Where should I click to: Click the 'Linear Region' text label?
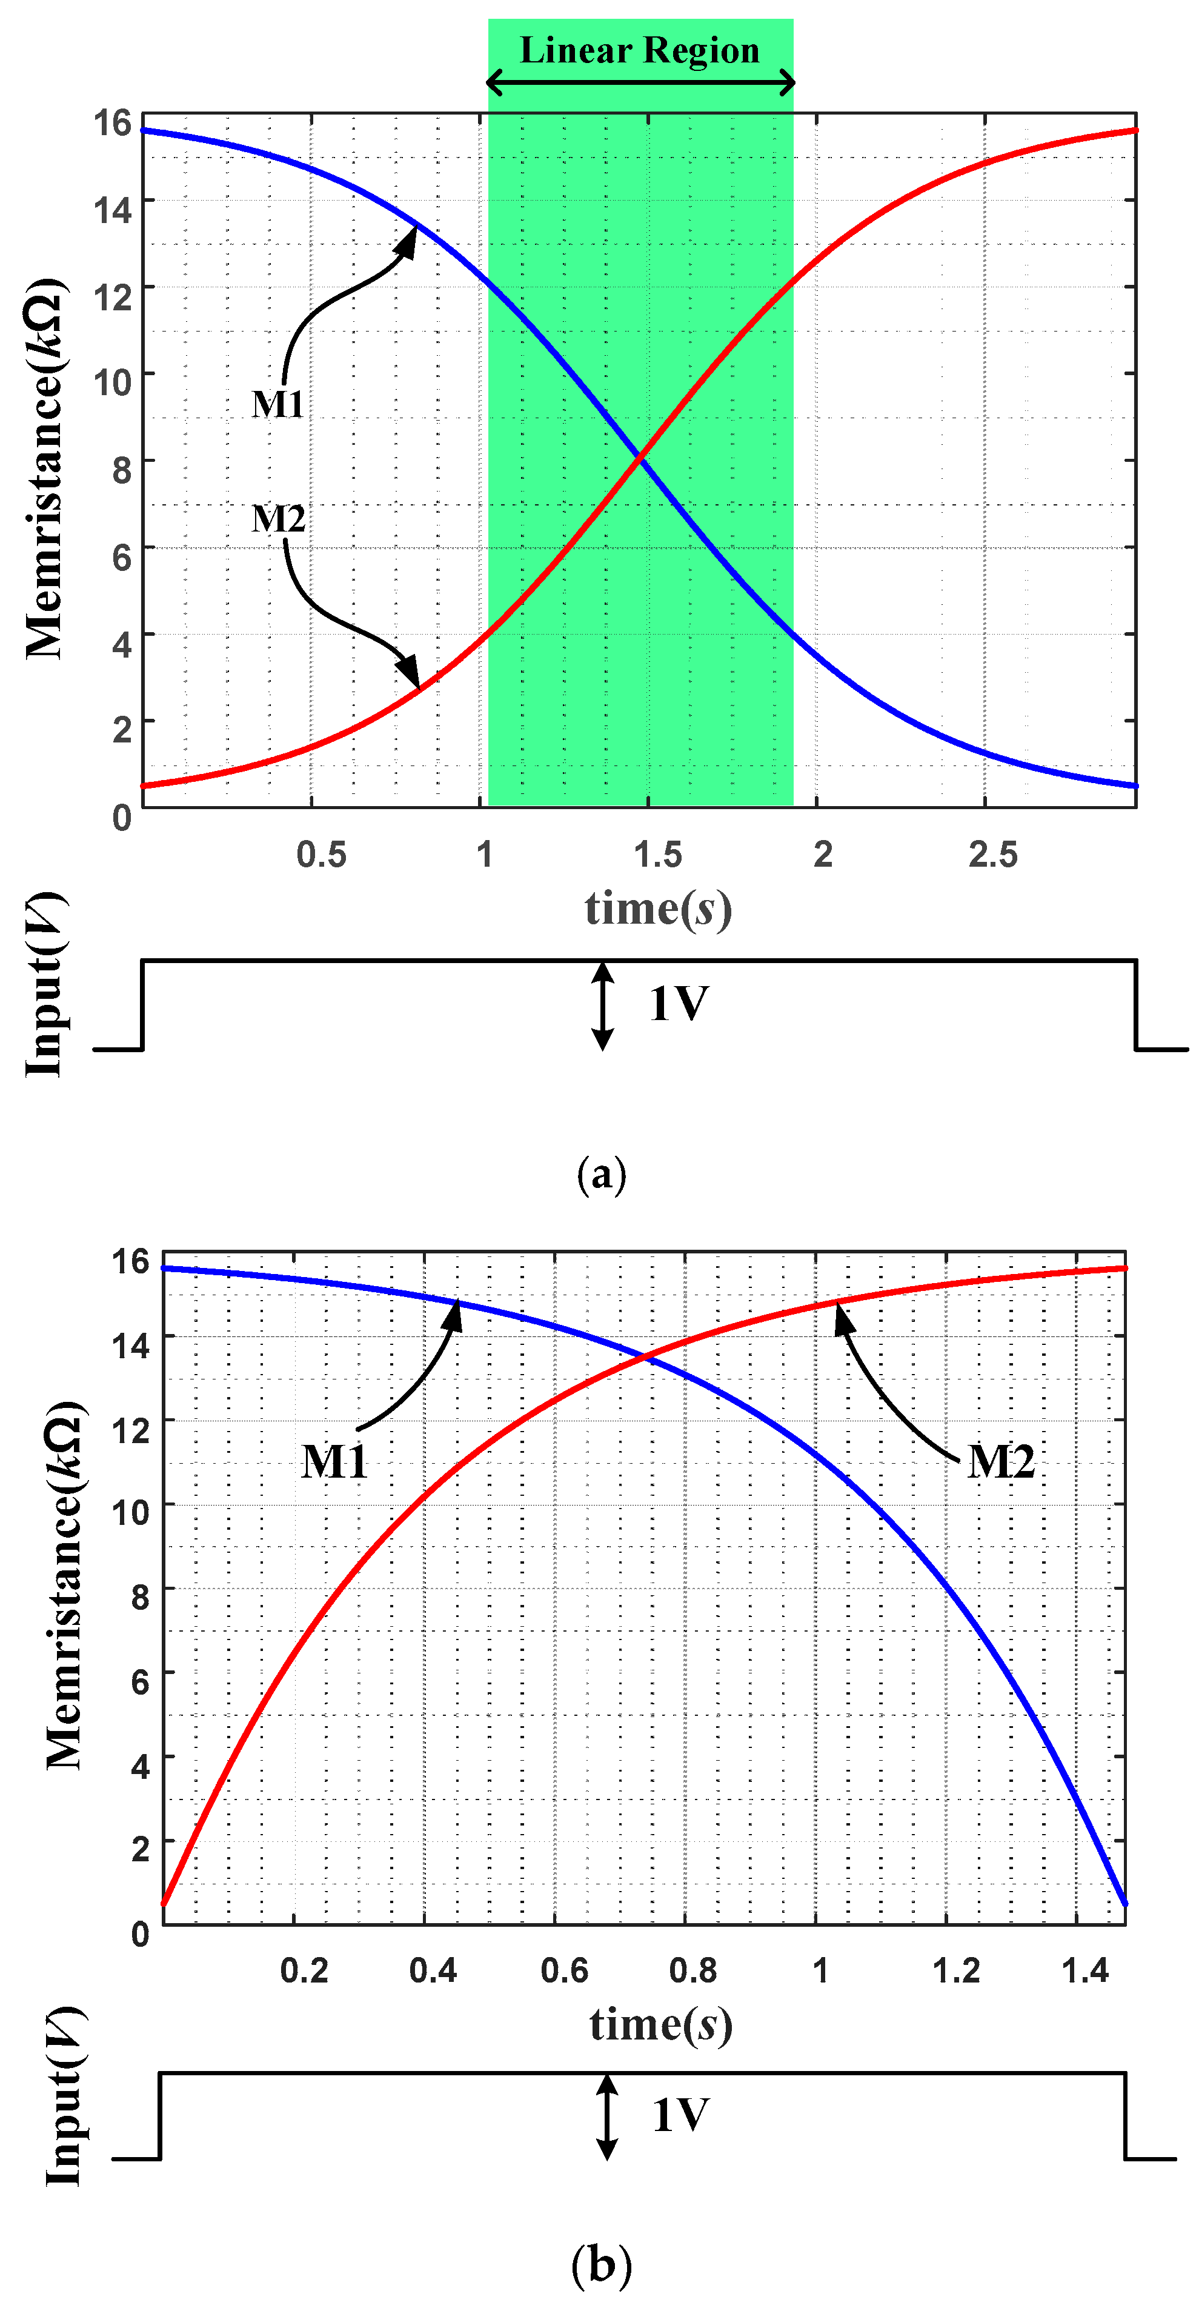[639, 50]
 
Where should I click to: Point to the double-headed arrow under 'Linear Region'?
[639, 83]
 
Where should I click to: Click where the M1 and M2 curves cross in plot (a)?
[639, 458]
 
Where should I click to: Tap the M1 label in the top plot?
[277, 404]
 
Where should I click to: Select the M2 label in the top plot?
[277, 519]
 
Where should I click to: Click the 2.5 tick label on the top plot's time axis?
[992, 855]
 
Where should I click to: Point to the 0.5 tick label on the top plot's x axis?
[321, 855]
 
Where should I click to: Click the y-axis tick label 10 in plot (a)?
[112, 382]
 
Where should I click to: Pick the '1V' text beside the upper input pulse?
[678, 1004]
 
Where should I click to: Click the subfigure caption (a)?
[601, 1174]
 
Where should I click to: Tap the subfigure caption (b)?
[601, 2265]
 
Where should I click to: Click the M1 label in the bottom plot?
[334, 1461]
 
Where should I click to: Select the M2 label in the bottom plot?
[1000, 1461]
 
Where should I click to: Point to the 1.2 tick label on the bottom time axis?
[955, 1970]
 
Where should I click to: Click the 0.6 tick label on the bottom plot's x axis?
[564, 1970]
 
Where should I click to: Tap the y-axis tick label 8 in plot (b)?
[140, 1596]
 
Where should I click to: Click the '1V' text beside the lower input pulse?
[680, 2115]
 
